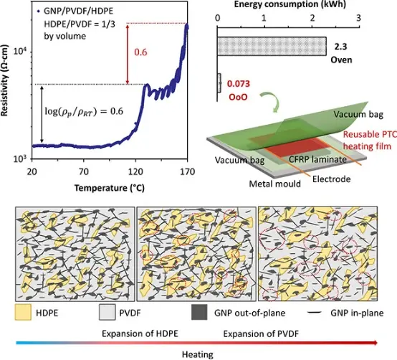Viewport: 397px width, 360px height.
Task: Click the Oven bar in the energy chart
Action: (272, 46)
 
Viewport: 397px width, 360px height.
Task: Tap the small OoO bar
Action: (219, 83)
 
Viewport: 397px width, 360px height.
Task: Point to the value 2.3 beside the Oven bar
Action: (340, 47)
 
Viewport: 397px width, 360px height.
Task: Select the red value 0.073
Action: (239, 84)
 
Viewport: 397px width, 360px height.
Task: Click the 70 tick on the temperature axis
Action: (84, 172)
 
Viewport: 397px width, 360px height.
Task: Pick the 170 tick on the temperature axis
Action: (188, 172)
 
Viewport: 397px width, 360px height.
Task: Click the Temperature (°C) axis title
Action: (110, 188)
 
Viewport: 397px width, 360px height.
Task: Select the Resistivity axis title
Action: (4, 80)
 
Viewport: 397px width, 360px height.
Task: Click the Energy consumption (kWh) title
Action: (290, 4)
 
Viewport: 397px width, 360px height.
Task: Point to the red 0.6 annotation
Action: (140, 52)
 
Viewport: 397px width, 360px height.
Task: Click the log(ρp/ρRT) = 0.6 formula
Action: (84, 111)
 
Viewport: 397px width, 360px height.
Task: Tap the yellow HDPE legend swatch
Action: (23, 313)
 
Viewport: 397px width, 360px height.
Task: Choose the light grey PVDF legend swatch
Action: (107, 313)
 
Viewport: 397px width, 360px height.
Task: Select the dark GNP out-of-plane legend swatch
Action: (199, 313)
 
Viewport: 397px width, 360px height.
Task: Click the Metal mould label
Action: (275, 184)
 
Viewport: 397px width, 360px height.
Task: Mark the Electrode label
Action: (331, 179)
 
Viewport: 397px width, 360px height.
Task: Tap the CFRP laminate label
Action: (317, 159)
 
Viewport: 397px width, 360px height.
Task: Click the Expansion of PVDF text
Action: (261, 334)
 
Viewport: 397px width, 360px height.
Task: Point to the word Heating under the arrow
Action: (198, 354)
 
